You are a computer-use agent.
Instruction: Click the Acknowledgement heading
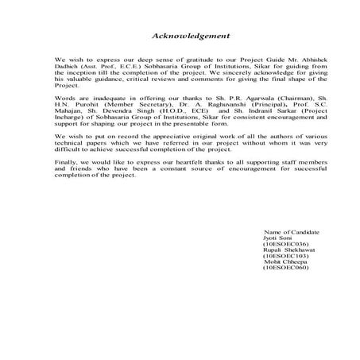coord(192,36)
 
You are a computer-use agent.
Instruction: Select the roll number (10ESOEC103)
coord(281,256)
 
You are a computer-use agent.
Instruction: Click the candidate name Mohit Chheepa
coord(277,262)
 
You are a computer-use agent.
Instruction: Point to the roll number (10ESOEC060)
coord(281,269)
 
